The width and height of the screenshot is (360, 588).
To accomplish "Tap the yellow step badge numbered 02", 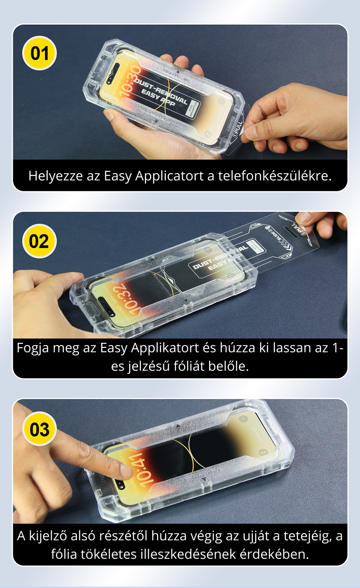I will tap(39, 241).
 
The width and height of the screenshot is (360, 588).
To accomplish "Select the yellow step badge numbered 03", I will tap(39, 429).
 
